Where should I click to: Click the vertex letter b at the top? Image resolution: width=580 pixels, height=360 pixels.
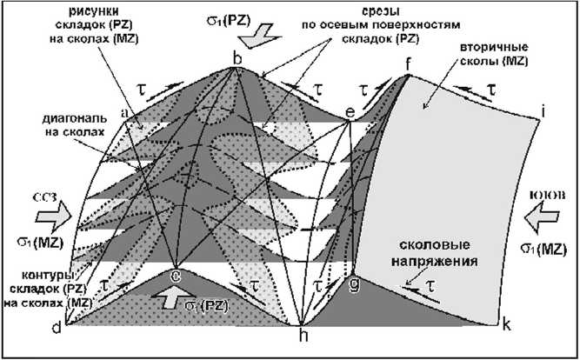click(x=236, y=58)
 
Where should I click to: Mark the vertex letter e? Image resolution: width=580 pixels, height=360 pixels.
click(x=350, y=111)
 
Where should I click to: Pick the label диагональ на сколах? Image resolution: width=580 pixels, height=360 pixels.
click(x=77, y=123)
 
